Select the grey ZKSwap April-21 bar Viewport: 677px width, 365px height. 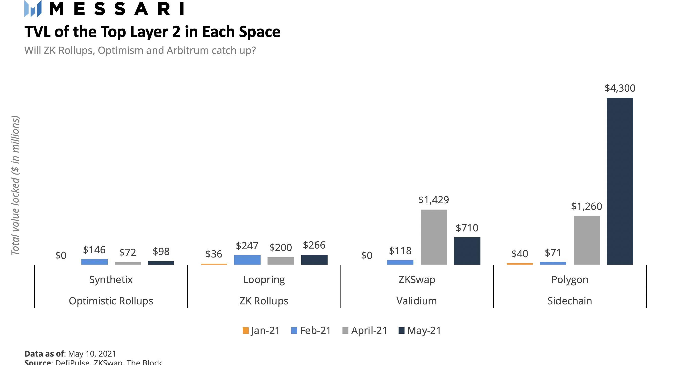[x=434, y=237]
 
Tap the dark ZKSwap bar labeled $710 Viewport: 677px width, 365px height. [x=467, y=251]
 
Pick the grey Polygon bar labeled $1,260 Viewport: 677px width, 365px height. [x=587, y=240]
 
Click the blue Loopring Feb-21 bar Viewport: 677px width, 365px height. [x=247, y=260]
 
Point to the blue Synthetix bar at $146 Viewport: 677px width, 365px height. [x=94, y=262]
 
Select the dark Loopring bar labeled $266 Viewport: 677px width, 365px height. [x=314, y=259]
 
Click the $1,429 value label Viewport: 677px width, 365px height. [x=434, y=200]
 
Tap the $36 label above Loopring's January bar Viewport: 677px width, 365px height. [x=214, y=254]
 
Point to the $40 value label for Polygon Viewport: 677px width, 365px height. [x=520, y=254]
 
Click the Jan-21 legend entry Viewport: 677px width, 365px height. [x=261, y=330]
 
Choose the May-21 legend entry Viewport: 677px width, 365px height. [x=420, y=330]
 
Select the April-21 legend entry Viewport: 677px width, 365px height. [x=365, y=330]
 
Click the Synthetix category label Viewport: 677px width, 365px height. [x=111, y=279]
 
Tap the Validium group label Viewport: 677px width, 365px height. [x=417, y=301]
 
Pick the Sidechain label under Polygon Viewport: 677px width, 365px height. [x=570, y=301]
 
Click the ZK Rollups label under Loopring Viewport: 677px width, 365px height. [x=264, y=301]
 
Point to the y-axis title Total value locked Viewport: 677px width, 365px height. [x=15, y=185]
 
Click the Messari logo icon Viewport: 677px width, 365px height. [x=33, y=9]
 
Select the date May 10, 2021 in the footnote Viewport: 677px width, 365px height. [x=92, y=353]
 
